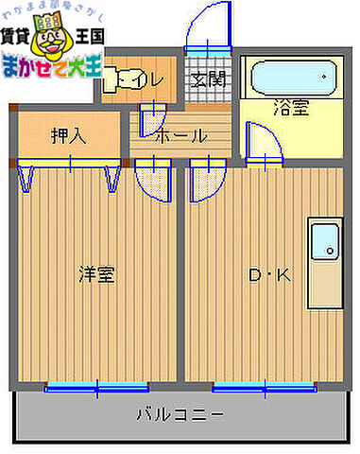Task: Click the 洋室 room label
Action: tap(96, 275)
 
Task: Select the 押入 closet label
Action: tap(68, 135)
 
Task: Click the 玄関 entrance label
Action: tap(208, 79)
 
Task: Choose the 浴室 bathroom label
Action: tap(290, 109)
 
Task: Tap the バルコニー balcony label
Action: tap(180, 413)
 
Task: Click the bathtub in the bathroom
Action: tap(290, 76)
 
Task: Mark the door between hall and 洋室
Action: tap(150, 177)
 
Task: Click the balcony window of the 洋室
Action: tap(96, 385)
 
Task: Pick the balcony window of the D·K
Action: tap(264, 385)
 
